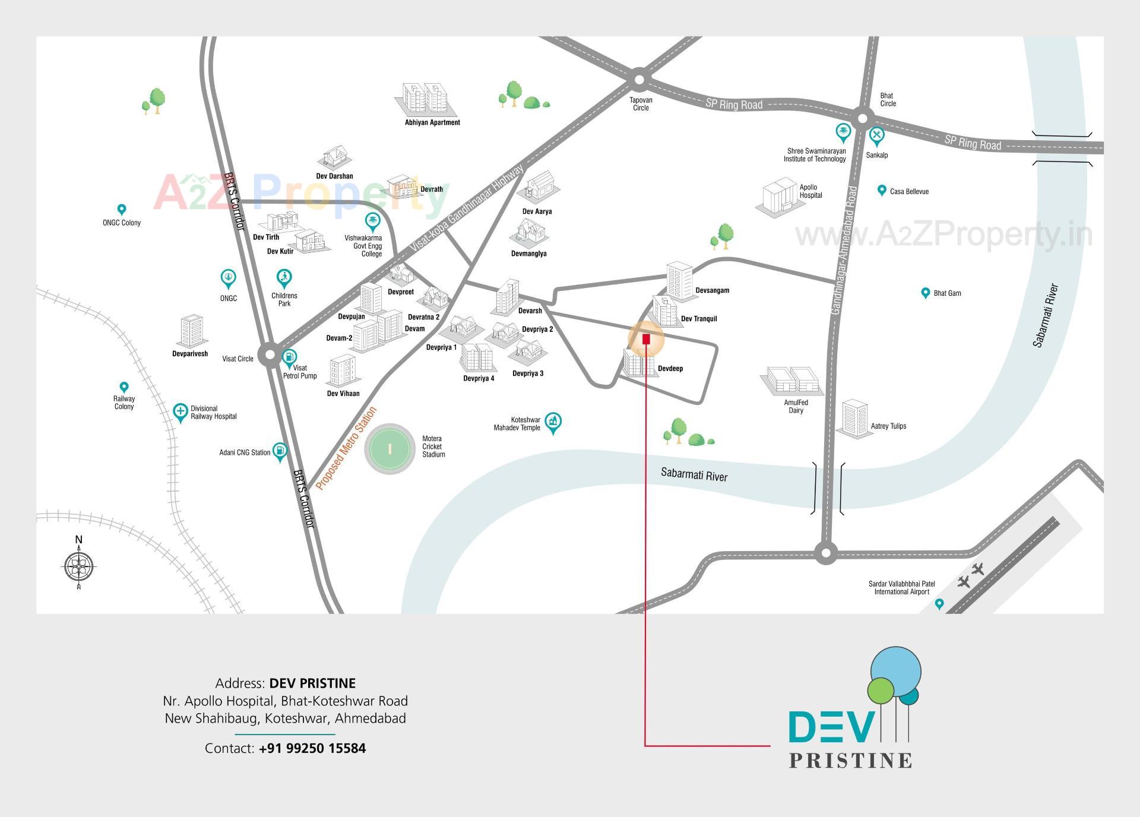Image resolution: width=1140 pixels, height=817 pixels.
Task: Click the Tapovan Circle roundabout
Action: (x=639, y=79)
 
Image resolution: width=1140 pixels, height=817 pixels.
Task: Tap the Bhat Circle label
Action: (x=888, y=100)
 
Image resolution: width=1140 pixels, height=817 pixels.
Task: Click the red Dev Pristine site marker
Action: (x=646, y=339)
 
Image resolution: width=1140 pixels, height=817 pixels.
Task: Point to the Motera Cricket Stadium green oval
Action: (x=389, y=449)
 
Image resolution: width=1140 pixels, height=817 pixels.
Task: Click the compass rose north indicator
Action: (x=79, y=565)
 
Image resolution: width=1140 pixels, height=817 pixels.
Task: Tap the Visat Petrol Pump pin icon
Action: (x=290, y=357)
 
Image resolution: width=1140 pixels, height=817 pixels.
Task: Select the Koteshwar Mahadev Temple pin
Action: (x=553, y=422)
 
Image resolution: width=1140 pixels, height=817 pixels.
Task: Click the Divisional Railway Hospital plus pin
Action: (x=180, y=411)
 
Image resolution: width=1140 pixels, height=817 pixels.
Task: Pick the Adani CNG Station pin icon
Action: (x=280, y=451)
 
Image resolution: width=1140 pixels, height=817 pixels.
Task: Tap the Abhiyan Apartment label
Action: (x=432, y=122)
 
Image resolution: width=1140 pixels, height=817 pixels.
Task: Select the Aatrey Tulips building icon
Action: (x=854, y=419)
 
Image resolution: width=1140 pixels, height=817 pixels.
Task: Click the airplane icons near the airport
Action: (x=970, y=575)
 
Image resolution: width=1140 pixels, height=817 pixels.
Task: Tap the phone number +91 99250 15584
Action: (x=312, y=748)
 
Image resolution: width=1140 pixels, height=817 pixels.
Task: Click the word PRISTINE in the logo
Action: (x=850, y=761)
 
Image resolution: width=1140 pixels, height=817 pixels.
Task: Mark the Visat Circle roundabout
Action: (x=270, y=355)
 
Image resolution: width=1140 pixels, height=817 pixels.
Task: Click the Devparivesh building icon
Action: (x=191, y=331)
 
